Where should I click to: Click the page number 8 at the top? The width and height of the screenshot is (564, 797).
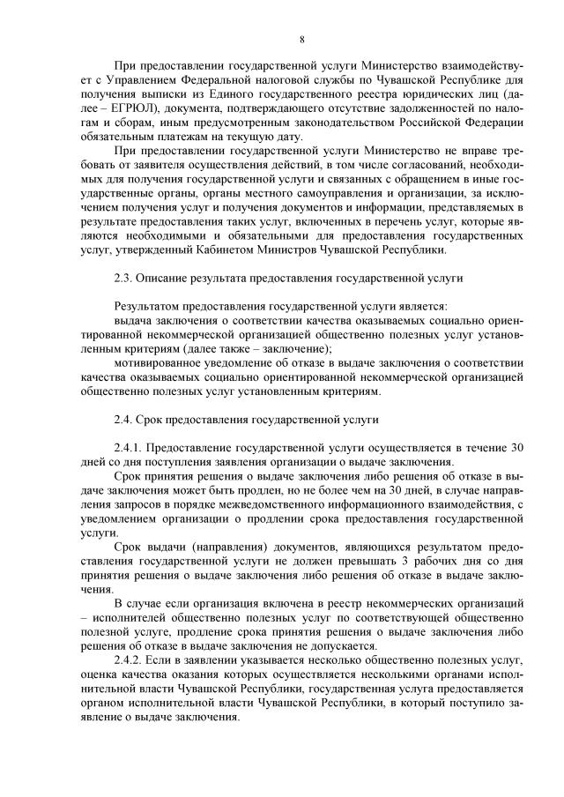[x=301, y=40]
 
